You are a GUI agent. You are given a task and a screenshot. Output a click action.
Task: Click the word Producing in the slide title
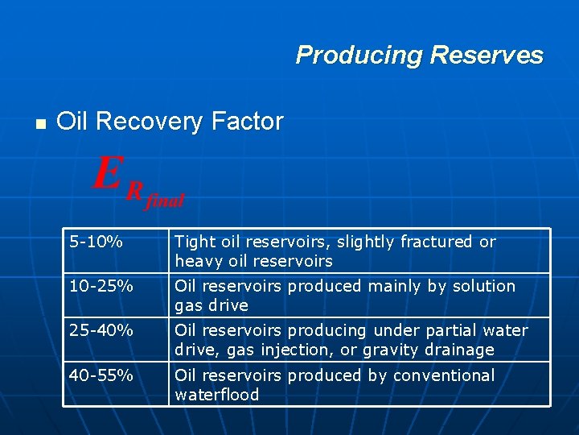(x=359, y=56)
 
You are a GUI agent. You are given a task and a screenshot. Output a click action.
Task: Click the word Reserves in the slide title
(x=487, y=56)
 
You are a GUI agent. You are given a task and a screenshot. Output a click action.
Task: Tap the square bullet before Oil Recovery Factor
(x=38, y=124)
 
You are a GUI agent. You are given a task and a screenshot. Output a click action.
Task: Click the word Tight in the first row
(x=193, y=242)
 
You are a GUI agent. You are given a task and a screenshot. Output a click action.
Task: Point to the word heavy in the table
(x=195, y=262)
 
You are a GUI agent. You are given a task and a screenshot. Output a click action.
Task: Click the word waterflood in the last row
(x=217, y=395)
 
